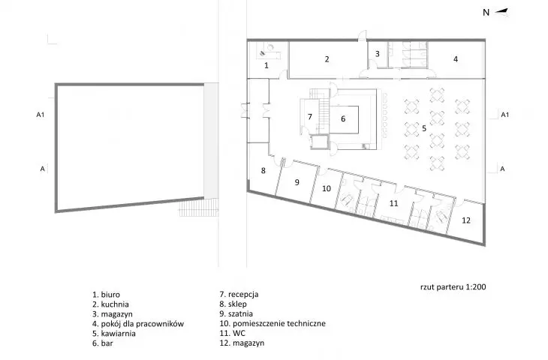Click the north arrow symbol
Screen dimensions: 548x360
[501, 11]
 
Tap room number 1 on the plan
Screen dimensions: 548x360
[266, 65]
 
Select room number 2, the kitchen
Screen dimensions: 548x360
[327, 59]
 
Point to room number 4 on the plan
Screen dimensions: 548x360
[456, 59]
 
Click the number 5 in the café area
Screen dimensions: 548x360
[424, 128]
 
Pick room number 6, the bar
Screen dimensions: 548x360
[343, 118]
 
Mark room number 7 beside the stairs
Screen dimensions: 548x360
[309, 116]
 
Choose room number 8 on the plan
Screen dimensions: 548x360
[263, 170]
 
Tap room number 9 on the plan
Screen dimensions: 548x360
[297, 182]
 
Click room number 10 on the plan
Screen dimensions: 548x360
[327, 188]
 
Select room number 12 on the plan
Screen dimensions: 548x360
[466, 220]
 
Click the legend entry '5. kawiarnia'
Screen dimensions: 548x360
[114, 334]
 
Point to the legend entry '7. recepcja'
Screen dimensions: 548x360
[239, 294]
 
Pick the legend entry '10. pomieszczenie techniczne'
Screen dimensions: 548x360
[272, 324]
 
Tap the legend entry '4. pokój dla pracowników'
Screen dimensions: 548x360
[138, 324]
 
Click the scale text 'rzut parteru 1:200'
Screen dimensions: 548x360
[453, 287]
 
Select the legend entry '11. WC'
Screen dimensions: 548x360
[233, 334]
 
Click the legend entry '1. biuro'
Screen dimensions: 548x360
[106, 295]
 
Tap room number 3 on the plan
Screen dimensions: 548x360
[377, 54]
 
